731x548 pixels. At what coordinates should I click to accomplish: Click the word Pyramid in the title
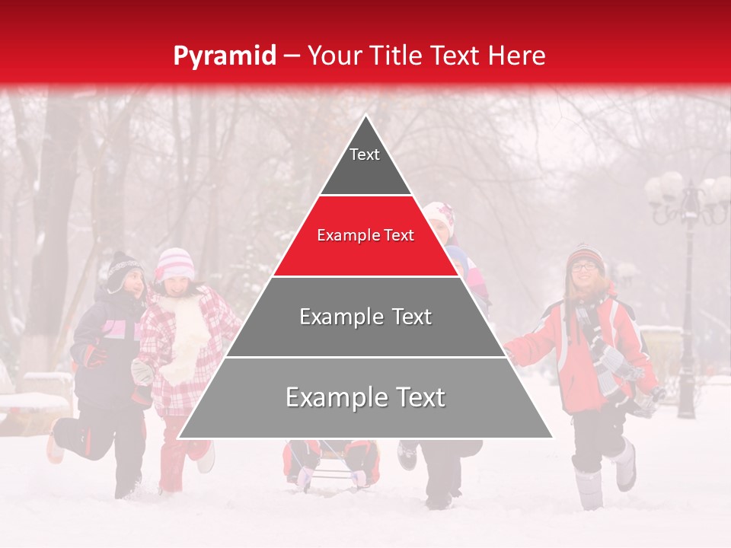coord(225,56)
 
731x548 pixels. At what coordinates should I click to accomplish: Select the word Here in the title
coord(517,56)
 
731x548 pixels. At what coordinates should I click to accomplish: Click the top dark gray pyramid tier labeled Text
coord(365,164)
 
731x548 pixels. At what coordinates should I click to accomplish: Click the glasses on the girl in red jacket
coord(584,266)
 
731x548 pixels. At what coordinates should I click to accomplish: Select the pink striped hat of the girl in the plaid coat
coord(174,263)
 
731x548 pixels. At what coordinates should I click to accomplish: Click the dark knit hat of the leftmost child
coord(123,269)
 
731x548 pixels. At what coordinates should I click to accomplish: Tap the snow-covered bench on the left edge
coord(30,403)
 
